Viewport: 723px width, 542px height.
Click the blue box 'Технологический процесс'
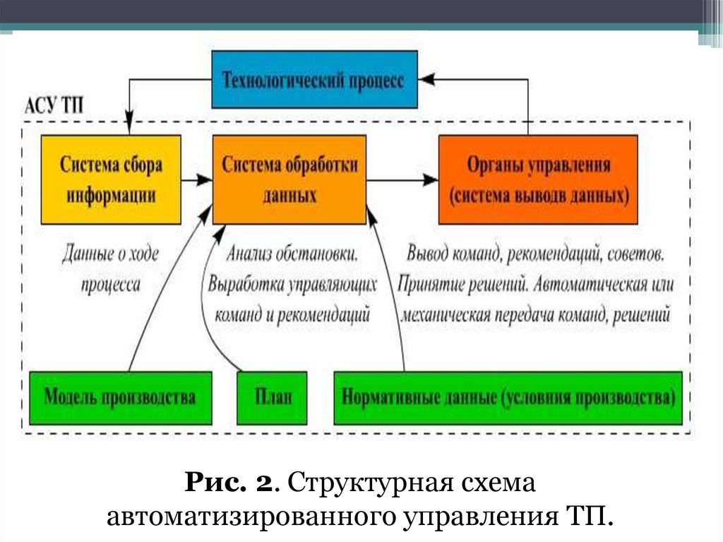pyautogui.click(x=314, y=80)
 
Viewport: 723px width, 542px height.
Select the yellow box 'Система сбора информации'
pyautogui.click(x=111, y=179)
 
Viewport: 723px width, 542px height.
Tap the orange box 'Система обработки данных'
pyautogui.click(x=289, y=179)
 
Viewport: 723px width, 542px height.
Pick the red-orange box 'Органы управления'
pyautogui.click(x=538, y=179)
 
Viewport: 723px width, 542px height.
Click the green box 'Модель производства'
pyautogui.click(x=120, y=397)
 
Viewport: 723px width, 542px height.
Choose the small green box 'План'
pyautogui.click(x=272, y=397)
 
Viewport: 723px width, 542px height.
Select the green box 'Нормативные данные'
pyautogui.click(x=508, y=397)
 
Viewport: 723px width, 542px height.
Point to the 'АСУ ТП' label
pyautogui.click(x=54, y=107)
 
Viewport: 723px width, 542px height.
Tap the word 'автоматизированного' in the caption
pyautogui.click(x=251, y=515)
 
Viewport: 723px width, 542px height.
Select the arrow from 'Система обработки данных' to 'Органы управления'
pyautogui.click(x=402, y=180)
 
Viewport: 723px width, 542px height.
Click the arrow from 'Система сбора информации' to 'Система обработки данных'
pyautogui.click(x=197, y=180)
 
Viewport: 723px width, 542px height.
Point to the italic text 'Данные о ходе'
pyautogui.click(x=111, y=252)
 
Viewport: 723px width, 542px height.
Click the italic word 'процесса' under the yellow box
pyautogui.click(x=111, y=283)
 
